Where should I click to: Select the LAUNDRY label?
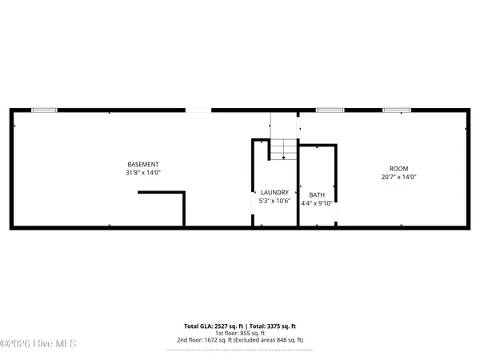coord(274,192)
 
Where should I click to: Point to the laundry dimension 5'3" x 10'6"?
coord(274,201)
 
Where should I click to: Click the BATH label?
coord(317,194)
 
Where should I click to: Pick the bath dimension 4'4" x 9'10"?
coord(317,203)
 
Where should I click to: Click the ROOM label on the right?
coord(399,169)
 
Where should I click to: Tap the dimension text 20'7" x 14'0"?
coord(399,178)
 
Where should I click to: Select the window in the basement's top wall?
coord(44,110)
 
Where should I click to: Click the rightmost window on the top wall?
coord(394,110)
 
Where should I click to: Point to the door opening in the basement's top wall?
coord(199,110)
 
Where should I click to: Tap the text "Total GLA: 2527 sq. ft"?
coord(211,326)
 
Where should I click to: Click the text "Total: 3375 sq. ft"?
coord(270,326)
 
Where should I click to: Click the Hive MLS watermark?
coord(38,344)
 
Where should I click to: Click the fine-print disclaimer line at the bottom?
coord(240,349)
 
